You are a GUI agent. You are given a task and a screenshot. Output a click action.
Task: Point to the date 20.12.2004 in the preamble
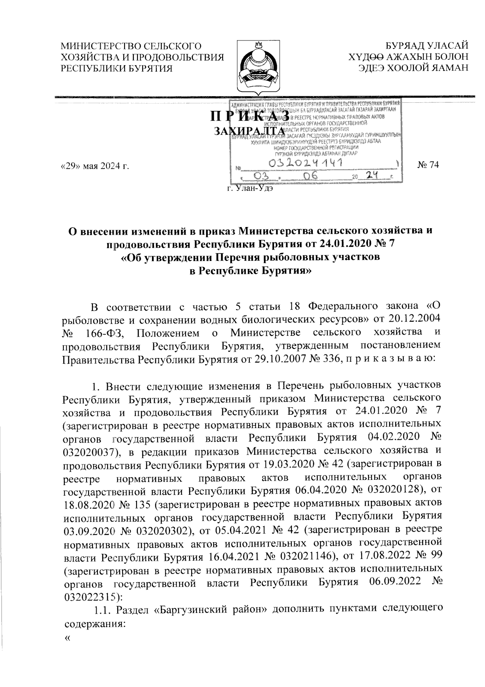416,320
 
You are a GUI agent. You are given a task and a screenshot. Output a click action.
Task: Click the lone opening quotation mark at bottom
67,638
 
